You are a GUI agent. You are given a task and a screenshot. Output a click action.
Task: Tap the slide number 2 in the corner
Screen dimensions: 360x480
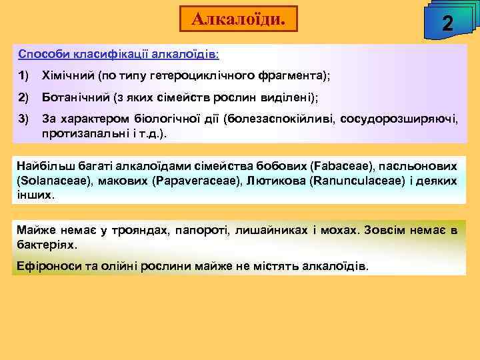[x=448, y=24]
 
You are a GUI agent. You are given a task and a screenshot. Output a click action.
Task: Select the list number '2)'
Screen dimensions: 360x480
[x=24, y=97]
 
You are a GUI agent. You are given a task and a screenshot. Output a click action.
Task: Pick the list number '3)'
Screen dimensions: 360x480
[x=24, y=120]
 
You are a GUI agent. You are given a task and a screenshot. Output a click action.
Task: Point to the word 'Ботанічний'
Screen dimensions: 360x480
[x=75, y=97]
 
